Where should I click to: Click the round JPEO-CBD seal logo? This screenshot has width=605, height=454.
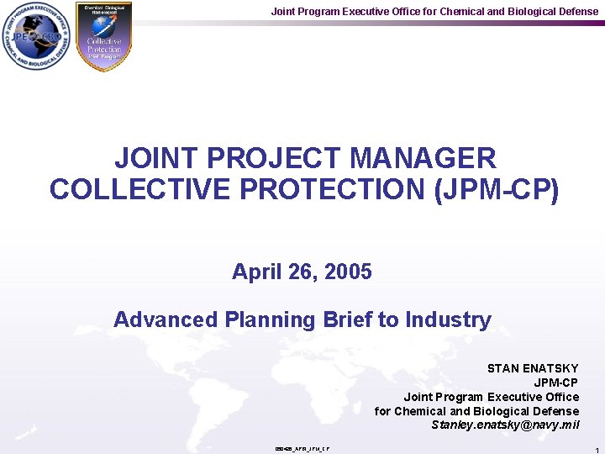pyautogui.click(x=37, y=36)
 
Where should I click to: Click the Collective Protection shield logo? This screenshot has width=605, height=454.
pyautogui.click(x=104, y=36)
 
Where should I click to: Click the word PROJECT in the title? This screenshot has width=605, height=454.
pyautogui.click(x=267, y=158)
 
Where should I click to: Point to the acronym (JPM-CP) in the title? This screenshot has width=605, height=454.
pyautogui.click(x=496, y=189)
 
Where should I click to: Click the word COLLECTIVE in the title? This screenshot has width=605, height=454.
pyautogui.click(x=130, y=189)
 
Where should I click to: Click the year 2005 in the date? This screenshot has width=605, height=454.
pyautogui.click(x=348, y=272)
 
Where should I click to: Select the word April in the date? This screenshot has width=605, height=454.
pyautogui.click(x=255, y=272)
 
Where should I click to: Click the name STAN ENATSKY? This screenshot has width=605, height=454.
pyautogui.click(x=533, y=368)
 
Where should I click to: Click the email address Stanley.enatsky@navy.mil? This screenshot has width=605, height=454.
pyautogui.click(x=505, y=425)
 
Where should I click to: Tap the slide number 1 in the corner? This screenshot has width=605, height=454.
pyautogui.click(x=595, y=451)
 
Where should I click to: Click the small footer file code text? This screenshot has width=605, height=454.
pyautogui.click(x=302, y=449)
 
